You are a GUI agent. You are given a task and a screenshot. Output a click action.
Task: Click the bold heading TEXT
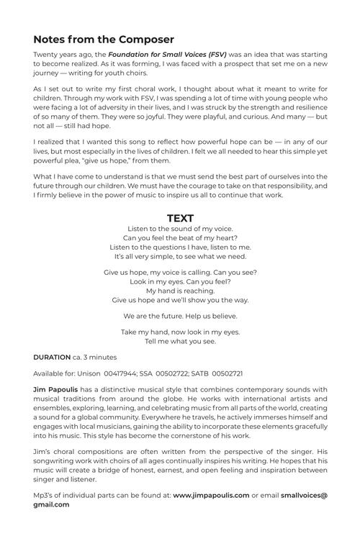[x=180, y=218]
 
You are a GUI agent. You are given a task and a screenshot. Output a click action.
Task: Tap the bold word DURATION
[x=52, y=357]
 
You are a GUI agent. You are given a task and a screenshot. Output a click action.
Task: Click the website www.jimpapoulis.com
[x=211, y=495]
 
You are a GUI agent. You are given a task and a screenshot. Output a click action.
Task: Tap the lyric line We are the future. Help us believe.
[x=180, y=316]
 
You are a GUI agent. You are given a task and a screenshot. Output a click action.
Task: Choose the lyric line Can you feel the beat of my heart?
[x=180, y=238]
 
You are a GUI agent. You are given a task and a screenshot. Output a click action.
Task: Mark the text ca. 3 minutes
[x=95, y=357]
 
